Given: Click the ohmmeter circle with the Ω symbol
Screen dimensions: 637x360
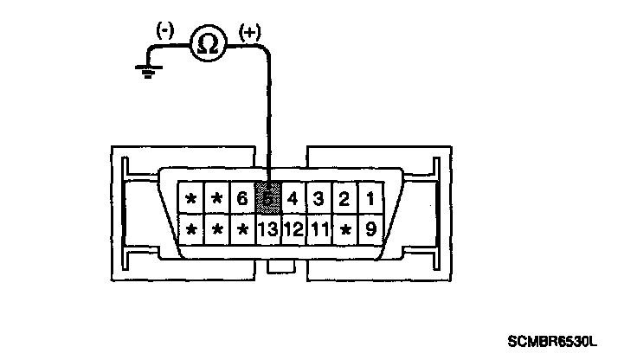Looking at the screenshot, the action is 208,44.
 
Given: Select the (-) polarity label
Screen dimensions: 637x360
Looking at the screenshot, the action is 165,29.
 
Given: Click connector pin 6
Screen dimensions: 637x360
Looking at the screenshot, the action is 242,199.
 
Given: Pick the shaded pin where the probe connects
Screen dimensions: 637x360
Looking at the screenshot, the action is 268,199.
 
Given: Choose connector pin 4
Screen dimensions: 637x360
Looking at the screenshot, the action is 293,199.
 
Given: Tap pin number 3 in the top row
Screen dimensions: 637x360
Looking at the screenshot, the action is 318,199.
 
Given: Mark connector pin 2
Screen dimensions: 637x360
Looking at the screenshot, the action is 344,199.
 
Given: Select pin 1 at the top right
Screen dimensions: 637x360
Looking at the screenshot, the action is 370,199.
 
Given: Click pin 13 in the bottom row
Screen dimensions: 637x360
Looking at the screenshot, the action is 268,229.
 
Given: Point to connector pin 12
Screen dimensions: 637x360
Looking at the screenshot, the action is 293,229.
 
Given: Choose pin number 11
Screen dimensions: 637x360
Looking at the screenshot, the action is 319,229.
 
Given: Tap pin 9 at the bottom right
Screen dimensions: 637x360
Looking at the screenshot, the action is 370,229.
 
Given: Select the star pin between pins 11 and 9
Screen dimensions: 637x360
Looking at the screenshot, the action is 345,229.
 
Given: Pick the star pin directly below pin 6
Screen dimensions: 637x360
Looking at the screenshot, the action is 243,229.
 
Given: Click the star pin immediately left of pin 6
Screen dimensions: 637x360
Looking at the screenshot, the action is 217,199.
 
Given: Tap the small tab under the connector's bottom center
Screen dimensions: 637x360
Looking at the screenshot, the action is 281,269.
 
